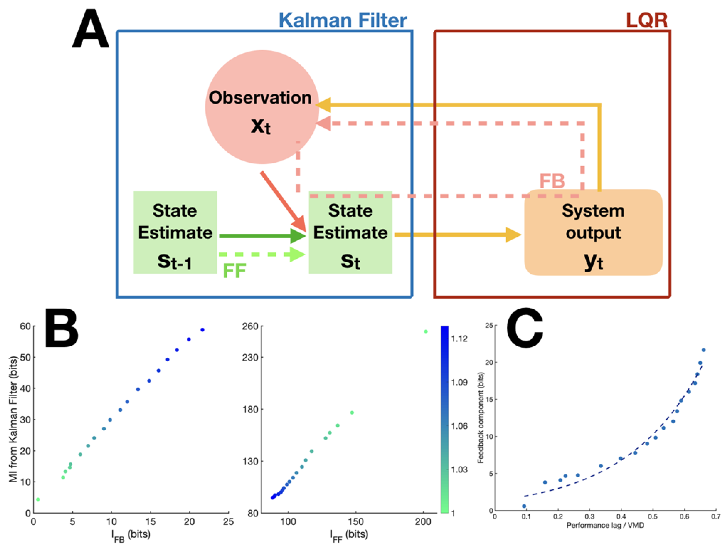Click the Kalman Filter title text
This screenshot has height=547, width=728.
(343, 20)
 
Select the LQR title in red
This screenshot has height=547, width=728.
(646, 20)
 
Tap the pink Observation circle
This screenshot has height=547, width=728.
(262, 107)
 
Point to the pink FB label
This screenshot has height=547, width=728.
(552, 181)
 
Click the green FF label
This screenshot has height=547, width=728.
(234, 271)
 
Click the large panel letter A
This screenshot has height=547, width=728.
(90, 30)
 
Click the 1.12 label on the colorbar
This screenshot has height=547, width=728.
(459, 339)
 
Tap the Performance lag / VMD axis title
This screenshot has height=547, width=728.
(605, 525)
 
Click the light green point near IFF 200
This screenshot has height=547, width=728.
(425, 332)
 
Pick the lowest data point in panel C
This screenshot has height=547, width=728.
(524, 506)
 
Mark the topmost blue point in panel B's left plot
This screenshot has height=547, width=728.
(202, 330)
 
